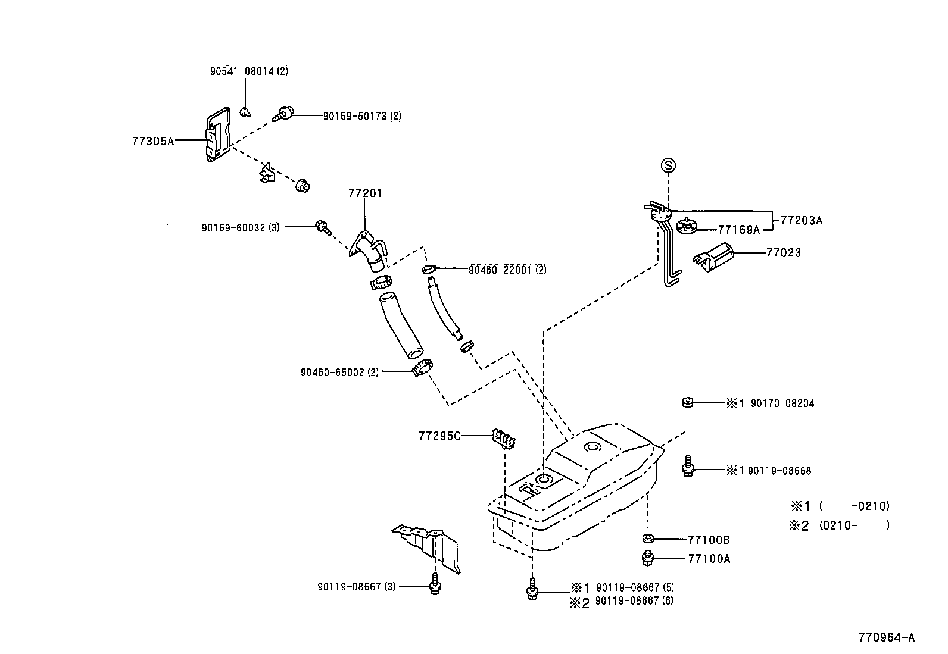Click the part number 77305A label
tap(152, 141)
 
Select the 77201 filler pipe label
tap(365, 193)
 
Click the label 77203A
tap(801, 220)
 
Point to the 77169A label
tap(738, 229)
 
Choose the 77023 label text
tap(783, 252)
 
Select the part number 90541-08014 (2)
tap(249, 71)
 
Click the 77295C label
tap(439, 436)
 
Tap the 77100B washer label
tap(709, 540)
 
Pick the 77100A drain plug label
tap(709, 559)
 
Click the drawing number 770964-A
tap(886, 637)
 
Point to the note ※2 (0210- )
tap(840, 525)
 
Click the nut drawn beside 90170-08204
tap(687, 403)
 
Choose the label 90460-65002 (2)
tap(339, 372)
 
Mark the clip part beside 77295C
tap(504, 438)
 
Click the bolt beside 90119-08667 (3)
tap(435, 586)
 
